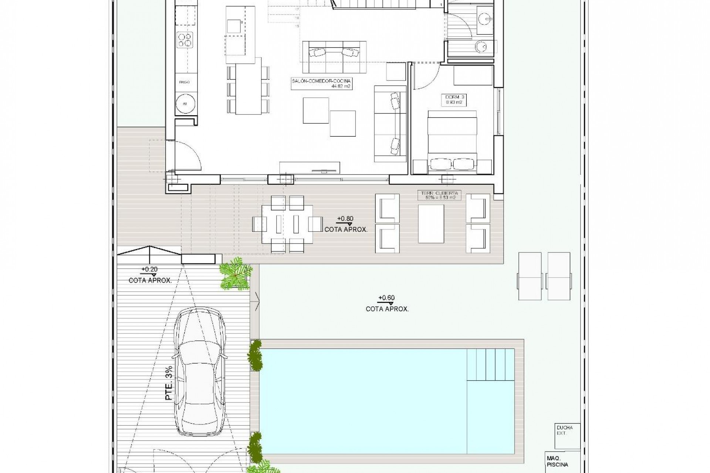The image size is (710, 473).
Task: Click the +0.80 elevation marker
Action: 345,219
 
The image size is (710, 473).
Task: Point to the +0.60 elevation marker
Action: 386,298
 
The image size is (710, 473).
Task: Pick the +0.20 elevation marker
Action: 149,270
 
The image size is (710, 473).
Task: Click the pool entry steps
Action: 490,364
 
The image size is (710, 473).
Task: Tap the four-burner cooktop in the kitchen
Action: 185,40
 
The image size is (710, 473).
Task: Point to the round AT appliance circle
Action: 185,103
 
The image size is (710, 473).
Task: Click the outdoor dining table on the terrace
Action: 287,224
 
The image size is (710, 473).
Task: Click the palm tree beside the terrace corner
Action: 235,274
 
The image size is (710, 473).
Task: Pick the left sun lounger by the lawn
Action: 530,276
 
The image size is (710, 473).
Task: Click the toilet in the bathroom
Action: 481,46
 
